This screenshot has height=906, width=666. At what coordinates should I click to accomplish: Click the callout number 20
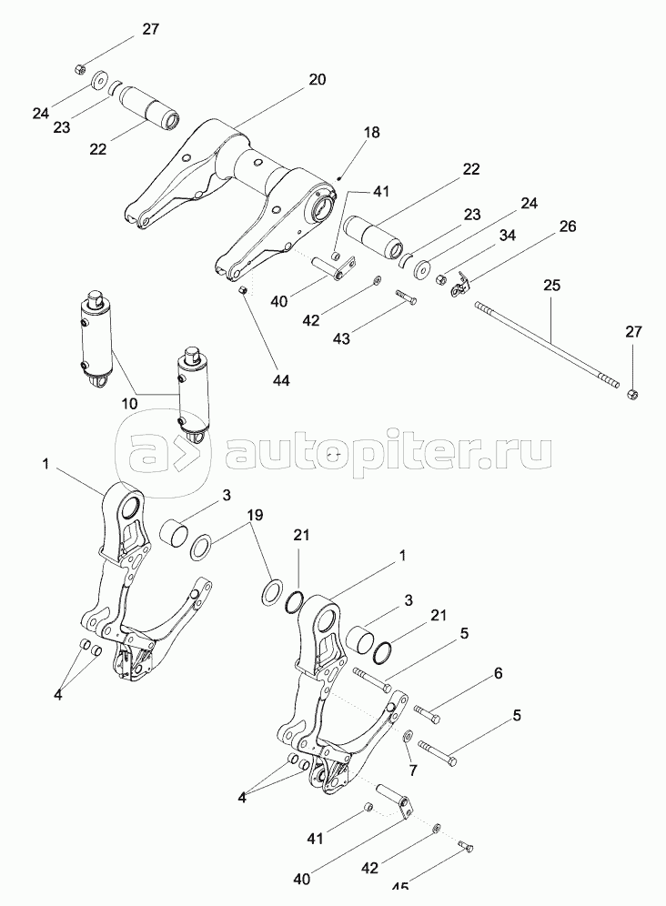point(316,79)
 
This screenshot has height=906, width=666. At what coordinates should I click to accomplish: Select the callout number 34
point(507,236)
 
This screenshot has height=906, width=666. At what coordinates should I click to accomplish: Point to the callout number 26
point(567,226)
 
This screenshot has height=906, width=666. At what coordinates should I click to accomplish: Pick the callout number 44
point(281,380)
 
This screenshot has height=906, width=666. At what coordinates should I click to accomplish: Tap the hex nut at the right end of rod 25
point(632,393)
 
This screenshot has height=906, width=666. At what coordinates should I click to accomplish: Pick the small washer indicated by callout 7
point(406,734)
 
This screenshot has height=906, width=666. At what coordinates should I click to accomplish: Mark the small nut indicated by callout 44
point(244,290)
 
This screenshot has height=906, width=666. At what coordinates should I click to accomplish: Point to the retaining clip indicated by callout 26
point(462,285)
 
